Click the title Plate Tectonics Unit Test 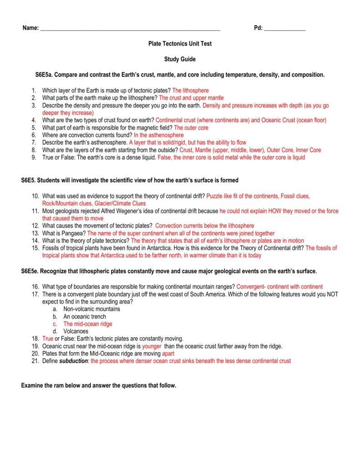(x=180, y=44)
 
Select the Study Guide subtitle (x=180, y=59)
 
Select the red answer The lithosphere (x=190, y=91)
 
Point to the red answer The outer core (x=191, y=128)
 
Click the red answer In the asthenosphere (x=159, y=135)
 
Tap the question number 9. (x=34, y=157)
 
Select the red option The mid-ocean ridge (x=87, y=324)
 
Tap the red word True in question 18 (x=48, y=339)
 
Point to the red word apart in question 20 (x=168, y=354)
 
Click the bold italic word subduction (x=74, y=361)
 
